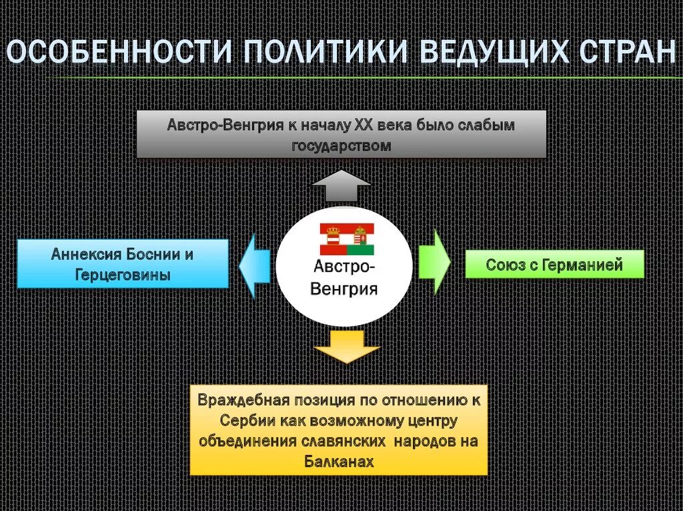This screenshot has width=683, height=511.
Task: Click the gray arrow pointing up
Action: [x=341, y=186]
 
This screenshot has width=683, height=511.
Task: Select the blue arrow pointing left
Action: [x=255, y=264]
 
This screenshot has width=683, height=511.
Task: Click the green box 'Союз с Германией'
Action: [x=554, y=264]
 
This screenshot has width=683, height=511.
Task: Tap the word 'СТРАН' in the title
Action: [x=627, y=52]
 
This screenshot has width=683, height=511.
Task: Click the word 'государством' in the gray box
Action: [x=341, y=145]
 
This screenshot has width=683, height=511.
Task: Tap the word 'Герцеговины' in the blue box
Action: [x=122, y=274]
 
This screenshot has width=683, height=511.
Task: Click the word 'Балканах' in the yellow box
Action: [x=339, y=461]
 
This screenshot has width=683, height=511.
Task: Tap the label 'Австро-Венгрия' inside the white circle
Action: [x=345, y=278]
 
